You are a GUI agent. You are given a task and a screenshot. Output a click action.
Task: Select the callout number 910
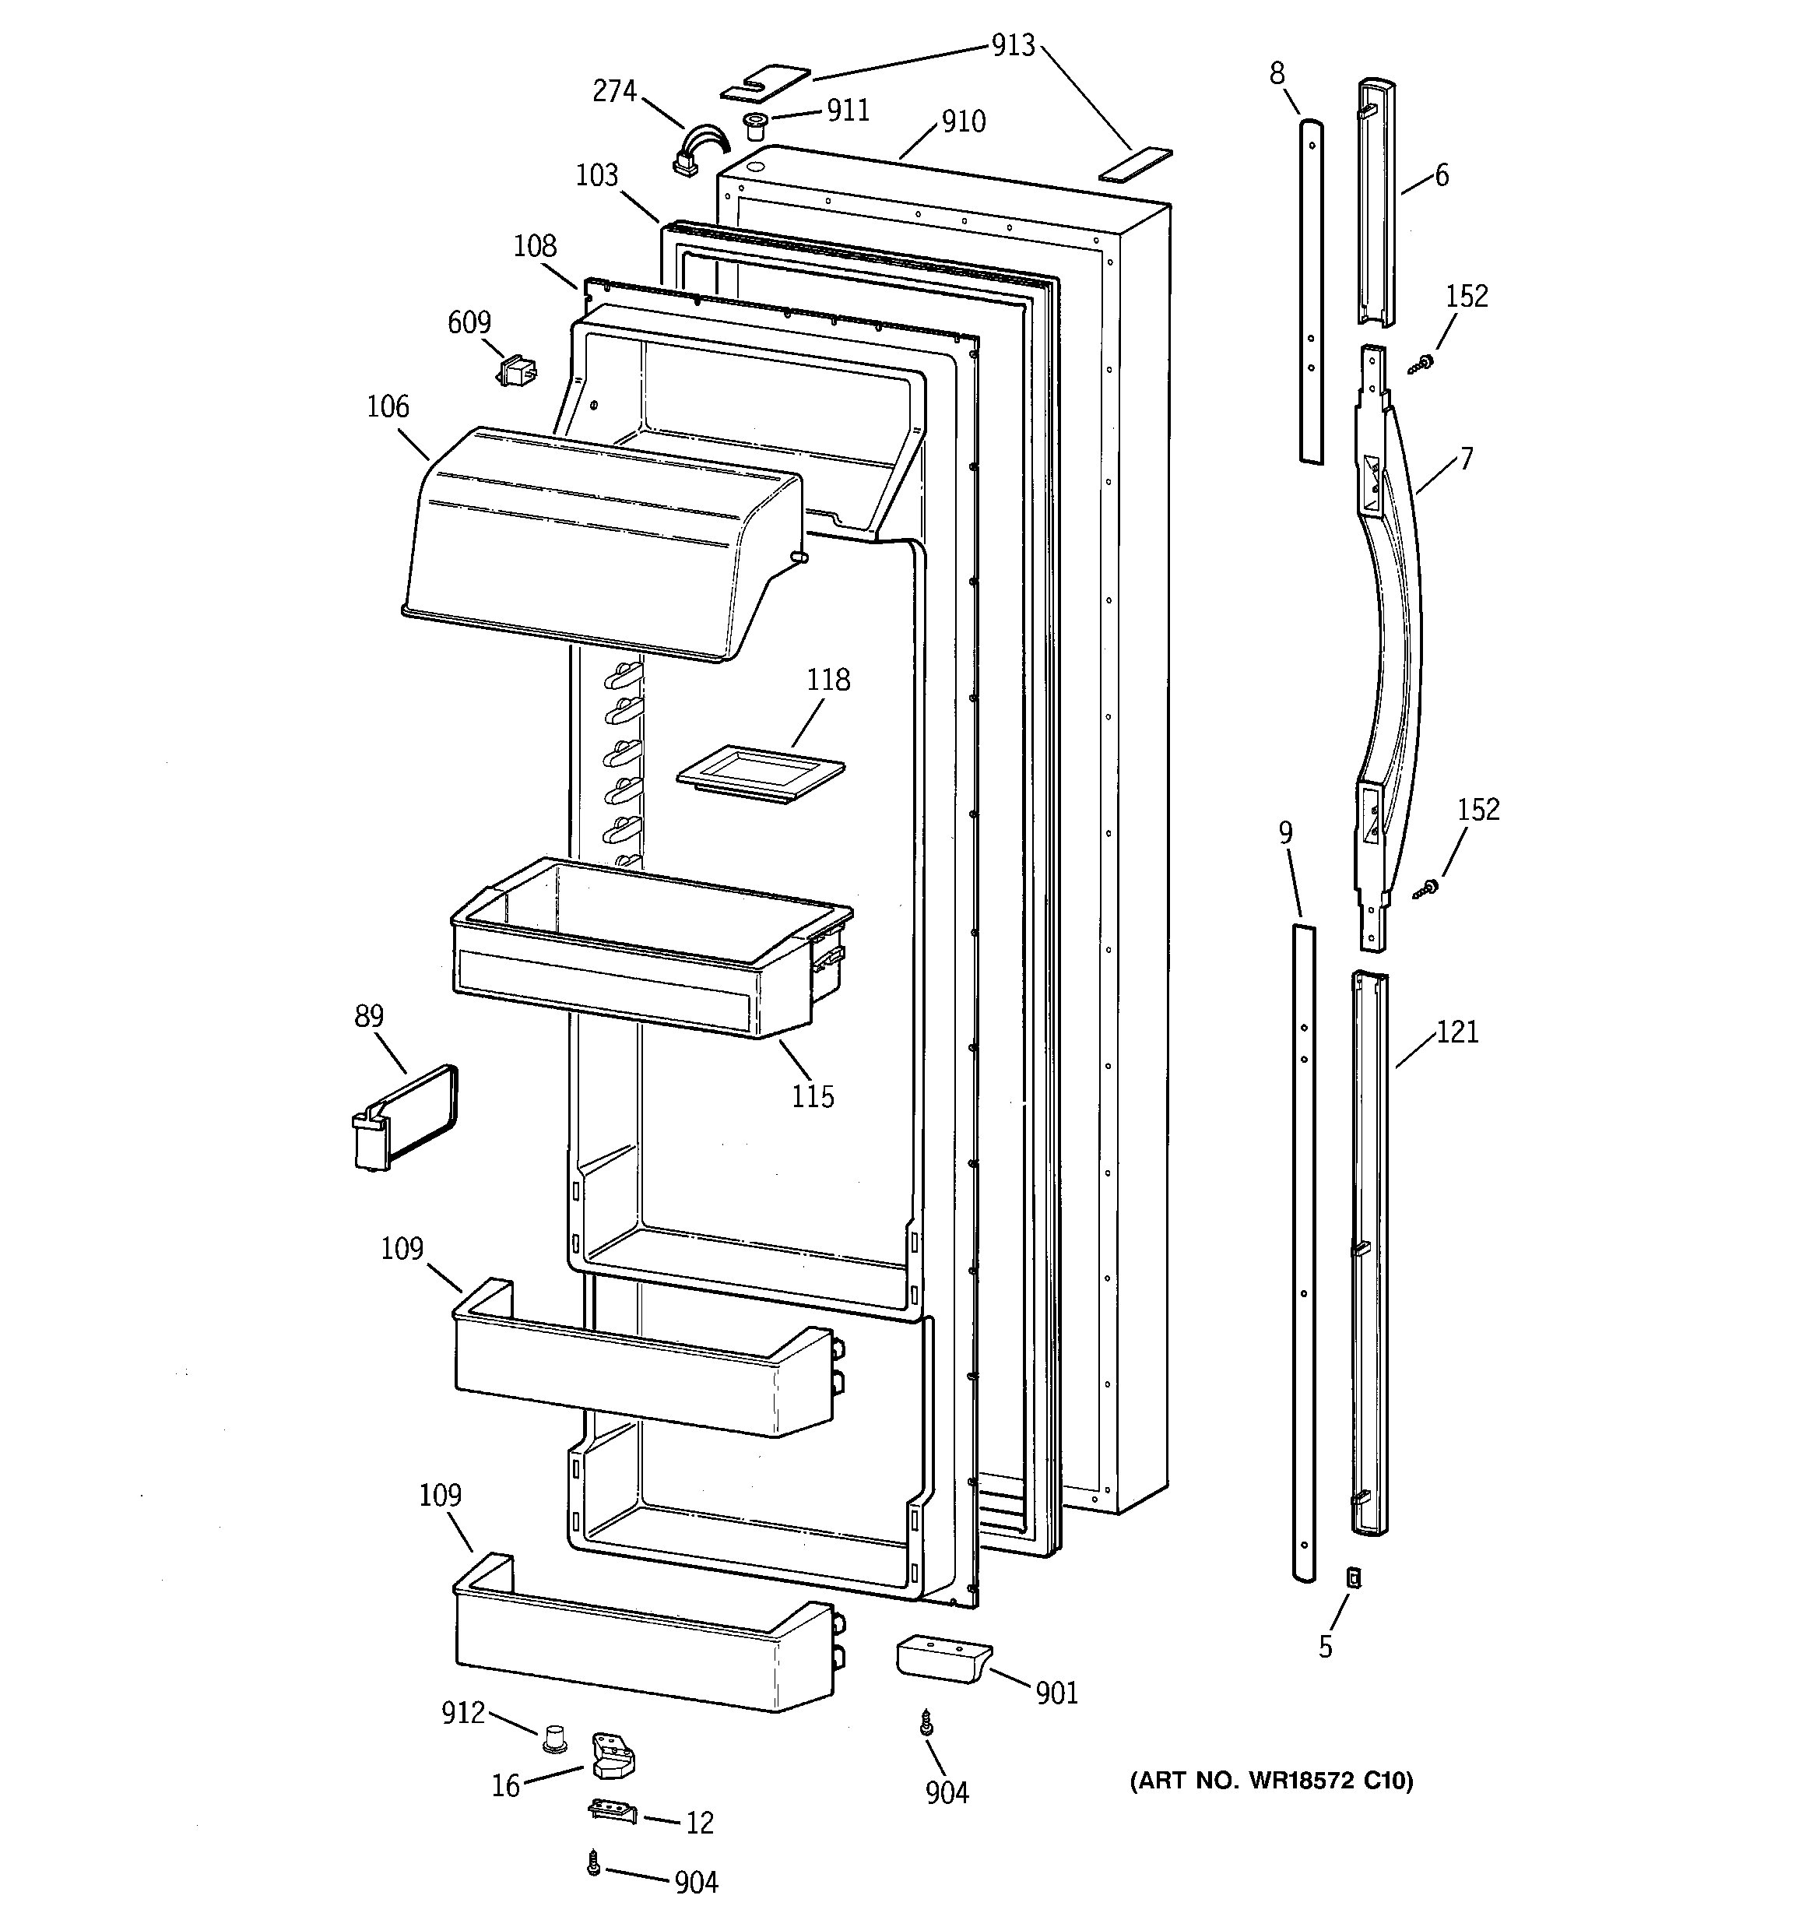(x=963, y=121)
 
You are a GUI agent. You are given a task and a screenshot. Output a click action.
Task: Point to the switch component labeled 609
(x=518, y=371)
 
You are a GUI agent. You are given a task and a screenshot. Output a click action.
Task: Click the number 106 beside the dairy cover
(x=388, y=406)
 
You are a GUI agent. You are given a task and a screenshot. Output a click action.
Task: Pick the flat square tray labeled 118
(x=760, y=773)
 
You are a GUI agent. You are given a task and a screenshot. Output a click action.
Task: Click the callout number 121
(x=1457, y=1032)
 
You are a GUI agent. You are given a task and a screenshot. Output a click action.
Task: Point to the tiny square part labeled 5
(x=1354, y=1578)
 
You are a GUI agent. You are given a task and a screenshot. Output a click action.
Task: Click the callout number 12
(x=699, y=1823)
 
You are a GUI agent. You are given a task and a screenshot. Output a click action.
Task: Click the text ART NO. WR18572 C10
(x=1271, y=1781)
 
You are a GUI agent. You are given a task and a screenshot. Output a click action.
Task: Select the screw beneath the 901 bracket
(x=926, y=1722)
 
